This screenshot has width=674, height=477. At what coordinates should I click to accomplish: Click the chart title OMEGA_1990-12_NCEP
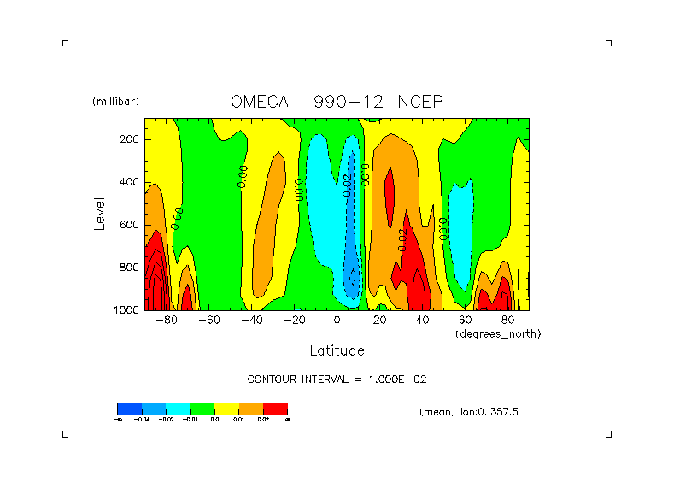337,102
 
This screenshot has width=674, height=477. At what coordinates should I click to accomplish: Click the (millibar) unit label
115,102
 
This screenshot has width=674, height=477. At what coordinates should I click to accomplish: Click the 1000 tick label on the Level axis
126,310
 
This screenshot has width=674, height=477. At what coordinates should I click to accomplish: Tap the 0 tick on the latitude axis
337,321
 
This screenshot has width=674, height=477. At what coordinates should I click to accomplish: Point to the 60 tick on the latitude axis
465,321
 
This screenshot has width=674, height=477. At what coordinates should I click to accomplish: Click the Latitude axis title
337,350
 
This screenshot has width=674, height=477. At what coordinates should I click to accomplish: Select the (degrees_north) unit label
498,333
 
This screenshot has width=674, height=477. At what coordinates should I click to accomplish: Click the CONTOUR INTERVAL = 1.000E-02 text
337,379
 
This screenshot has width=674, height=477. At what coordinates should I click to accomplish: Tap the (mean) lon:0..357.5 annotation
469,412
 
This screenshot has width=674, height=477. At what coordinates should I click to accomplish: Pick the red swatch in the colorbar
275,409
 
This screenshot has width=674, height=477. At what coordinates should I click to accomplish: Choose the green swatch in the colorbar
202,409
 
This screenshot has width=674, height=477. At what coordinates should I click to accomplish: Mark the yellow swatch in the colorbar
226,409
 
